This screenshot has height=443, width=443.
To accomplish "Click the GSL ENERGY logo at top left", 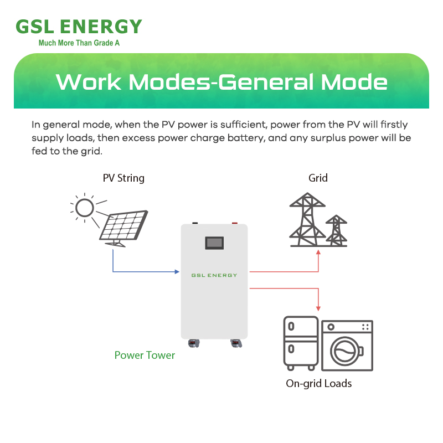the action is (79, 27).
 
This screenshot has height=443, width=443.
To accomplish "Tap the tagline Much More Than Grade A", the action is (79, 43).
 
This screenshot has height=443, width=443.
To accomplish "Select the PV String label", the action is (123, 178).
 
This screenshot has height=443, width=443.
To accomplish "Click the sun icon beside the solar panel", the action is (85, 208).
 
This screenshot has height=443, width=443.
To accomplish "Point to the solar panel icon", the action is (123, 228).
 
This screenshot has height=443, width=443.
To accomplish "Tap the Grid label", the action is (318, 178).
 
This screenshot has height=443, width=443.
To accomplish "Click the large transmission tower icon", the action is (307, 219).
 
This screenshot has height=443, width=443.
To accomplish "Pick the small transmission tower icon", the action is (336, 230).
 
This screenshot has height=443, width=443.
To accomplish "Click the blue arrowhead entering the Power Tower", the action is (177, 272).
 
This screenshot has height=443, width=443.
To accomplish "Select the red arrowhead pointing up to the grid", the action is (318, 253).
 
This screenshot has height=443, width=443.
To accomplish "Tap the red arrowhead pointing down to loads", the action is (318, 308).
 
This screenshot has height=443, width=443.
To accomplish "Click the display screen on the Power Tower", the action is (214, 243).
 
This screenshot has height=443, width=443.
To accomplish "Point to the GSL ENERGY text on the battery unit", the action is (214, 275).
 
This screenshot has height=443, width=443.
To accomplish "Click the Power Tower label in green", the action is (145, 355).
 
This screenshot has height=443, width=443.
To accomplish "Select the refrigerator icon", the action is (301, 343).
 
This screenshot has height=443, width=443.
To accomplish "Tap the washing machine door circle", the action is (344, 351).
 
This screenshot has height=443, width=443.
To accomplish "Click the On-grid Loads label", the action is (319, 384).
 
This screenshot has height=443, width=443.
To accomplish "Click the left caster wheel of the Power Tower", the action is (194, 343).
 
